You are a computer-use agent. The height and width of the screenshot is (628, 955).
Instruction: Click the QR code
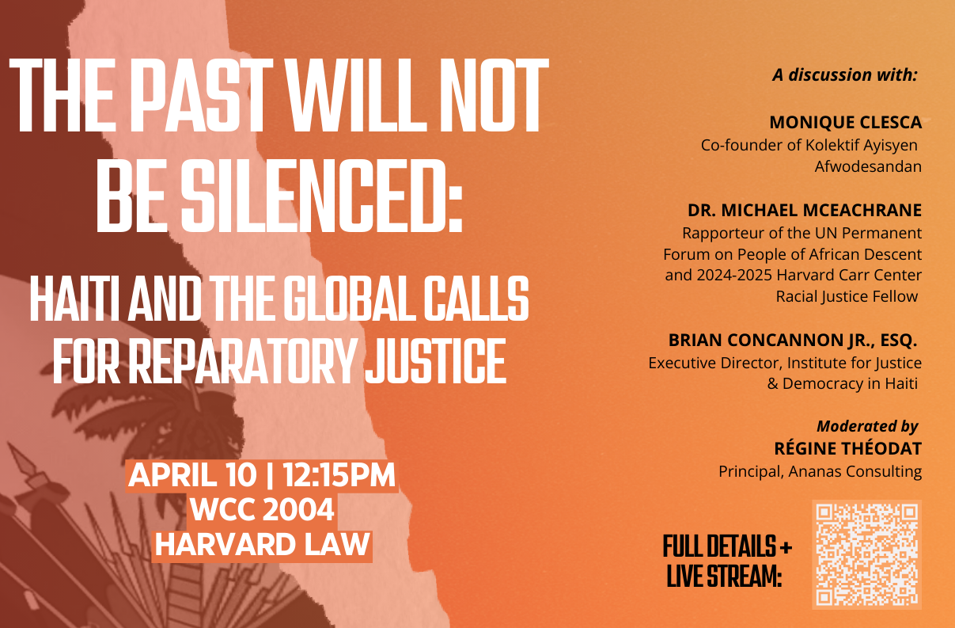click(866, 554)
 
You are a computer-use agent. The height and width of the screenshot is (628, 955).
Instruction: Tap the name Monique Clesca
click(846, 123)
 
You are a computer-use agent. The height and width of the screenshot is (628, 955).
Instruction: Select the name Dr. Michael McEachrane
click(805, 211)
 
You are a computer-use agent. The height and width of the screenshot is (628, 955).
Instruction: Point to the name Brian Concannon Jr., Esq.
click(793, 340)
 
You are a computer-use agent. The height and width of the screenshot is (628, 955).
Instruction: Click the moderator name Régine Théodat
click(848, 448)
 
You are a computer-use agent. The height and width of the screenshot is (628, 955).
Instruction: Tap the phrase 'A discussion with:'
click(844, 75)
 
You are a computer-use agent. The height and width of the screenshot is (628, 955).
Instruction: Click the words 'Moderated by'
click(867, 426)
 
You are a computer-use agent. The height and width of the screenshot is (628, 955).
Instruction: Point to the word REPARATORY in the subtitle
click(242, 361)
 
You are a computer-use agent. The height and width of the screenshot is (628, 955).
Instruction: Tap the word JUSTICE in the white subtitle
click(435, 361)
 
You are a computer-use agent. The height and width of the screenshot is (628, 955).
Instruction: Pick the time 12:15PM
click(339, 475)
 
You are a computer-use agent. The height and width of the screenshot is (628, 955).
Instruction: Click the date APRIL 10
click(192, 475)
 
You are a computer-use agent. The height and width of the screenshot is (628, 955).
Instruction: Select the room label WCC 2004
click(262, 509)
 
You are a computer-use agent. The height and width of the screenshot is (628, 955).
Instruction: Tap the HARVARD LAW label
click(262, 544)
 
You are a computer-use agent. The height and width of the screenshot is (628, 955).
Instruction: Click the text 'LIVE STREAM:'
click(724, 576)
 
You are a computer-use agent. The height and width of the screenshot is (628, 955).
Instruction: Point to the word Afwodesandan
click(868, 166)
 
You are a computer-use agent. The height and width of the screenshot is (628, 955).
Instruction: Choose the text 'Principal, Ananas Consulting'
click(820, 471)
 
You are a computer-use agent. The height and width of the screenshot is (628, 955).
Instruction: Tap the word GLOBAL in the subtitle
click(349, 299)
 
